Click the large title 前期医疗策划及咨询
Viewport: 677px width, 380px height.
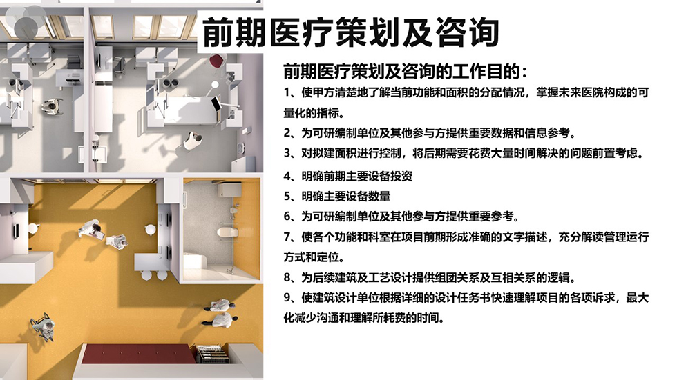click(x=351, y=32)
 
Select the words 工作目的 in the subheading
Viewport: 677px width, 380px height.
click(x=488, y=71)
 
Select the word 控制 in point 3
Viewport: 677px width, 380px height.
click(x=390, y=153)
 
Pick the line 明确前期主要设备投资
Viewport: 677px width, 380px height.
click(x=356, y=177)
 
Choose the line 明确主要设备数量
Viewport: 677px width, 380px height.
click(x=346, y=197)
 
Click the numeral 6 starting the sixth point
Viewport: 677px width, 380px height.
click(x=287, y=217)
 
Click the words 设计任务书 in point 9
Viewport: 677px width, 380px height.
click(x=463, y=298)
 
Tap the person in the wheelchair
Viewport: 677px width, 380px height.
click(x=42, y=326)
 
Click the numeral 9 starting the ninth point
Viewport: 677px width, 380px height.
click(x=287, y=298)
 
